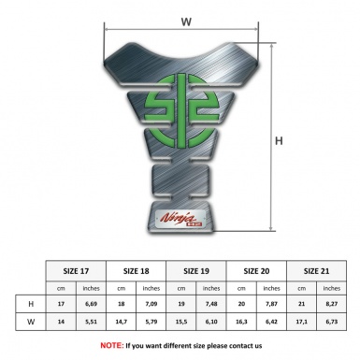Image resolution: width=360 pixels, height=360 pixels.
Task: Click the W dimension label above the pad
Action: pyautogui.click(x=186, y=17)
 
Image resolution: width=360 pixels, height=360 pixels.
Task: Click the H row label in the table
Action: pyautogui.click(x=32, y=304)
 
